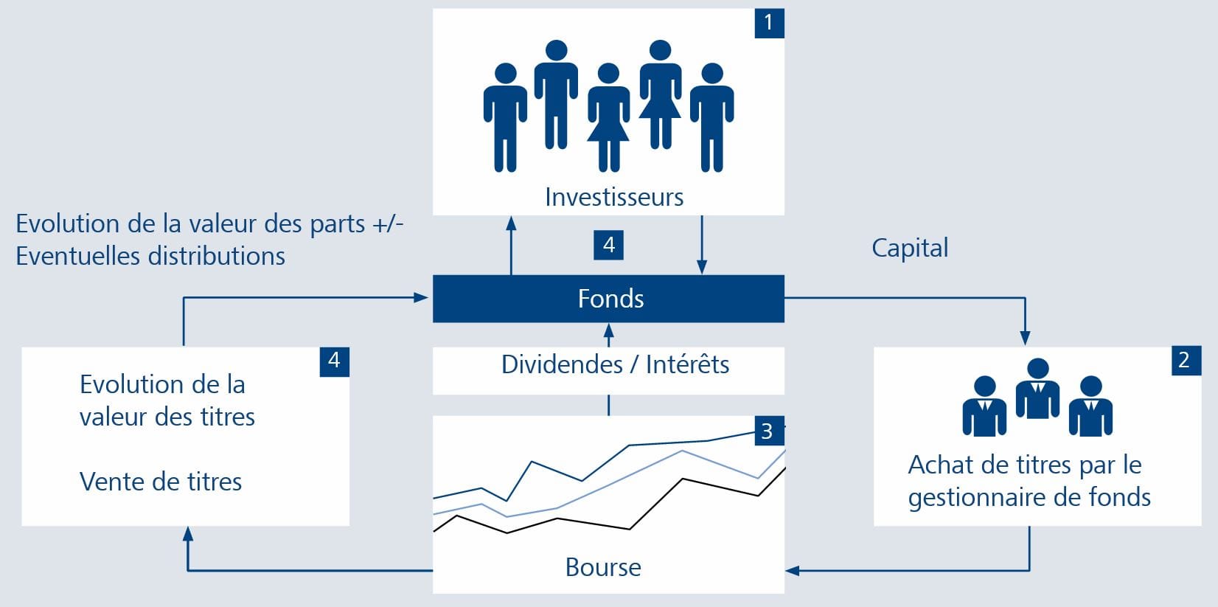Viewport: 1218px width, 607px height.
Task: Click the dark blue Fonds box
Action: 608,299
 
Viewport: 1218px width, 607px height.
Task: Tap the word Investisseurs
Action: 614,197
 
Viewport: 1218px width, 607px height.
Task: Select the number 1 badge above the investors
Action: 770,23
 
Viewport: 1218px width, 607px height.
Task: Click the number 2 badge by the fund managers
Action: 1186,360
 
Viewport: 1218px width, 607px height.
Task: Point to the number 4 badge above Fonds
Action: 608,246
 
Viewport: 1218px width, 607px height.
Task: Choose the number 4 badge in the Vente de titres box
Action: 335,361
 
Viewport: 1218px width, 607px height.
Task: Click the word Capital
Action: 911,249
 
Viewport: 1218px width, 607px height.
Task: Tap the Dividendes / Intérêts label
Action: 615,364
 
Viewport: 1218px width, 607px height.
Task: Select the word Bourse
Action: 604,567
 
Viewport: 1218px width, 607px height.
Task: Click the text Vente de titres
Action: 161,482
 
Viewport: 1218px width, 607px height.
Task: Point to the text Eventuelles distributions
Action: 150,256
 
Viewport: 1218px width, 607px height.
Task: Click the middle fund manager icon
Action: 1037,389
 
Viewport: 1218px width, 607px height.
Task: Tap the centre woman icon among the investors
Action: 608,117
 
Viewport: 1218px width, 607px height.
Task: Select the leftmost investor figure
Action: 505,117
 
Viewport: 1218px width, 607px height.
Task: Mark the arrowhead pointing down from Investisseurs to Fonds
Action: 702,266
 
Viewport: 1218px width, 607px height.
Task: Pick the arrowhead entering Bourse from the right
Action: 793,571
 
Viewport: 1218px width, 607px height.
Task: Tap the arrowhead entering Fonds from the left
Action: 421,297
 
